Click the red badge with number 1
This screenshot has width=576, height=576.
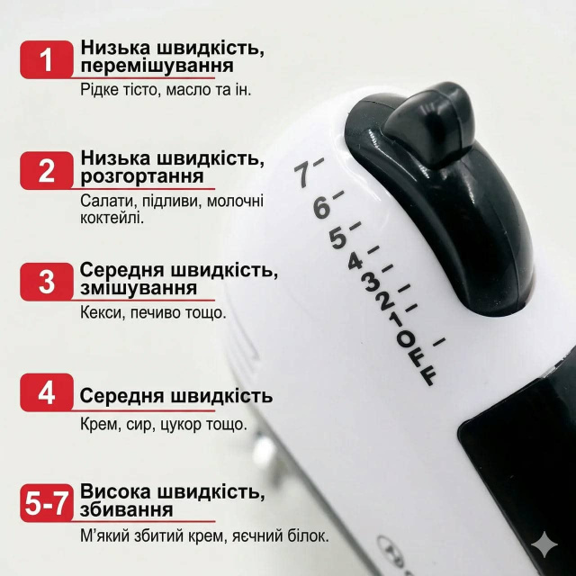point(47,59)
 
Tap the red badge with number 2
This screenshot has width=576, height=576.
point(47,170)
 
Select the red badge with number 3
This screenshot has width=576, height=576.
point(47,282)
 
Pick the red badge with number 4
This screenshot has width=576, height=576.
point(47,392)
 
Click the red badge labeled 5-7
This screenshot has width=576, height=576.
point(47,503)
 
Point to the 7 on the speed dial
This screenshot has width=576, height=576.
point(303,175)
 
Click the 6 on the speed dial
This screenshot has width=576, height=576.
point(322,208)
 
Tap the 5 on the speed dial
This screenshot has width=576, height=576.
point(338,238)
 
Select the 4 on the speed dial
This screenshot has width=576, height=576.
point(355,262)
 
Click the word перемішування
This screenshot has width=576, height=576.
point(157,67)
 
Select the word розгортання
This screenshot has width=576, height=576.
point(142,176)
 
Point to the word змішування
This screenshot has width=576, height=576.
point(139,288)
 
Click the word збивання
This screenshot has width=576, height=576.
point(126,509)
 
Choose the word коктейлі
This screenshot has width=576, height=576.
point(112,218)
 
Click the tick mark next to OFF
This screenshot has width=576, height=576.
point(439,342)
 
